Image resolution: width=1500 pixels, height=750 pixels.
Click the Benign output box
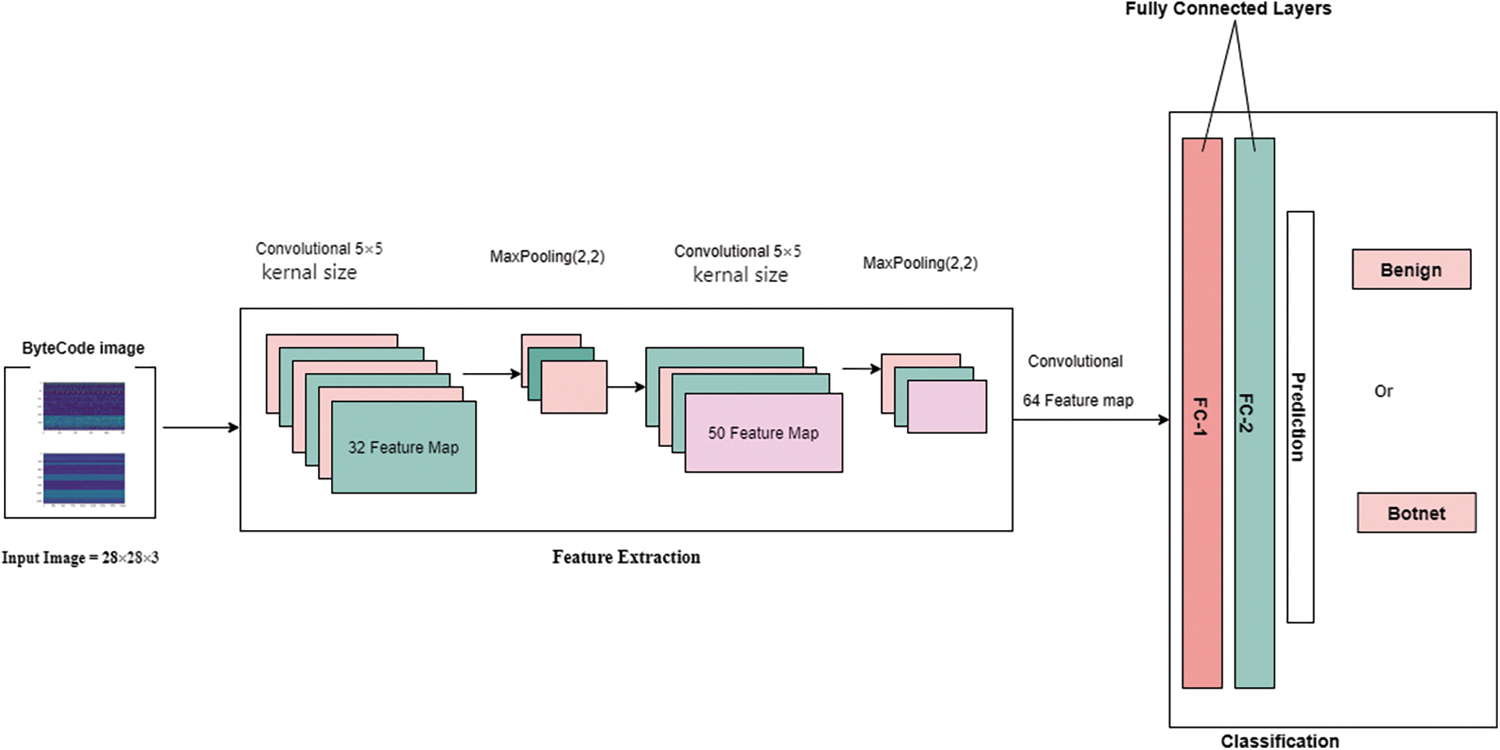coord(1411,269)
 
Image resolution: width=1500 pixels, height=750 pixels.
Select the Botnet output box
coord(1416,512)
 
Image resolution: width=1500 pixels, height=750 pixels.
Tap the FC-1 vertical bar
coord(1202,413)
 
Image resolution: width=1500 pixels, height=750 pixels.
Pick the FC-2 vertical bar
coord(1254,413)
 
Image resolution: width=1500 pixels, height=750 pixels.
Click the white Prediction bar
coord(1300,417)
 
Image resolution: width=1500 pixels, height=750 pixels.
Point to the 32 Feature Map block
coord(404,447)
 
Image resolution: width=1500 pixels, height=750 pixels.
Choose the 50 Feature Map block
coord(763,433)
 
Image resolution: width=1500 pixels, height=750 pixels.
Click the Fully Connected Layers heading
coord(1228,9)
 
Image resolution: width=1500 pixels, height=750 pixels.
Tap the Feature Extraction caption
coord(626,556)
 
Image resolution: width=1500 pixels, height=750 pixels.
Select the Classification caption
coord(1280,741)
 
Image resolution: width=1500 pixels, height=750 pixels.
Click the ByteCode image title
coord(83,348)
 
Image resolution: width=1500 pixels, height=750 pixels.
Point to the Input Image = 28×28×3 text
coord(80,557)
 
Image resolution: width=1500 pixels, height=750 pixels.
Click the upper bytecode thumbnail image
coord(84,406)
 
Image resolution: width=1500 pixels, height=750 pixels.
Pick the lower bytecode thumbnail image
coord(84,479)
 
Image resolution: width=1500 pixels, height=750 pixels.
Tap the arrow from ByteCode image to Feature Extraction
coord(201,427)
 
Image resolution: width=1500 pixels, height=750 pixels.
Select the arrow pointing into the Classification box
coord(1091,420)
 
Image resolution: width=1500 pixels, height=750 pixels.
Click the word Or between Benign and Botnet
coord(1383,391)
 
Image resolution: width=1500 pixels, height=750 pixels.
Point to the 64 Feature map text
coord(1078,400)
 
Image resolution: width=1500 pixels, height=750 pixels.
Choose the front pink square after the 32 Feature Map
coord(574,386)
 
